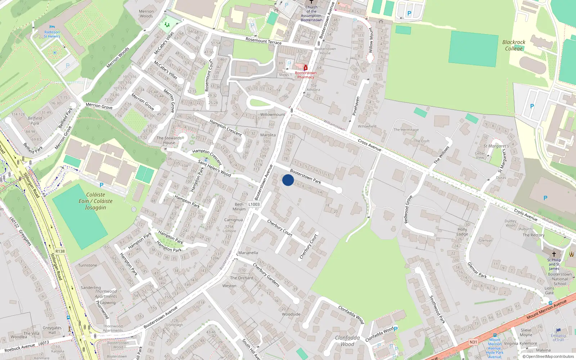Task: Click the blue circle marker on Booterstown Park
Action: tap(288, 180)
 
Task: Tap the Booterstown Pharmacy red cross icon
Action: tap(306, 68)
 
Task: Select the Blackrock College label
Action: tap(514, 45)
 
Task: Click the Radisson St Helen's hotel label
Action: tap(52, 34)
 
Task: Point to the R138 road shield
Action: tap(60, 251)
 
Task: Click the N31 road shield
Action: tap(473, 342)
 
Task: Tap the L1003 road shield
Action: tap(254, 204)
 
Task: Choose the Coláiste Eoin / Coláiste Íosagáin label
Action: tap(95, 201)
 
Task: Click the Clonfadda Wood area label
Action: tap(347, 341)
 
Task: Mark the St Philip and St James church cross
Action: tap(554, 254)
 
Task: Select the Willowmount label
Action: tap(273, 114)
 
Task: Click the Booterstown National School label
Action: tap(559, 279)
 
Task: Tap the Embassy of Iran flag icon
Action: tap(558, 330)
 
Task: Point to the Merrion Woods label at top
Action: tap(146, 14)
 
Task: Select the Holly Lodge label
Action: tap(462, 231)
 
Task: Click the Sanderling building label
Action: tap(91, 288)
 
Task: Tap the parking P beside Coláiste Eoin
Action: tap(102, 185)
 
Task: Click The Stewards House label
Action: tap(169, 140)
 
